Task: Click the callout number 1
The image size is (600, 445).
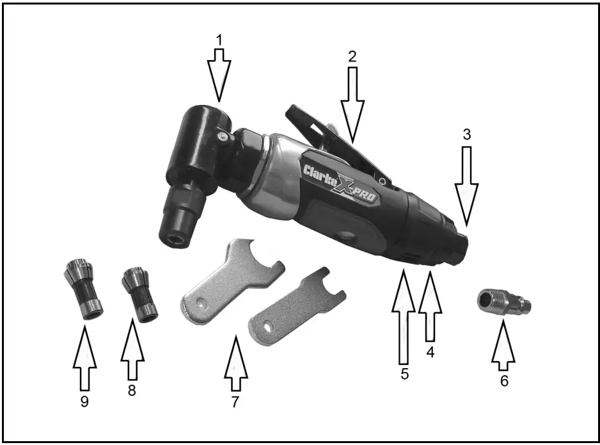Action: tap(219, 40)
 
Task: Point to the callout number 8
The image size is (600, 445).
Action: tap(132, 391)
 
